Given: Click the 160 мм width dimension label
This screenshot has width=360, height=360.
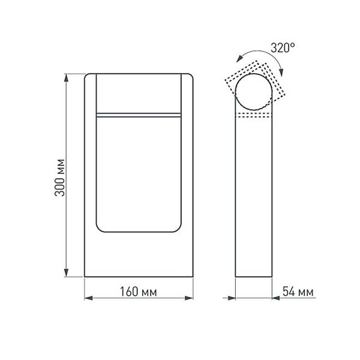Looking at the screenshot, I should [x=139, y=292].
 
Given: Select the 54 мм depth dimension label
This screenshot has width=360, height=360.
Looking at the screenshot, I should [x=298, y=292].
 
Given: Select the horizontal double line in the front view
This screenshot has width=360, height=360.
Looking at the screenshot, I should [x=139, y=113].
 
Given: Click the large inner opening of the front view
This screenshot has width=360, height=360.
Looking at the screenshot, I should [x=139, y=174].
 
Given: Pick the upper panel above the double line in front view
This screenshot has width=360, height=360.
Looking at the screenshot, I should [x=139, y=93].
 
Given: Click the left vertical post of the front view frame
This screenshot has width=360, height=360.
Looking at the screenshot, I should [x=89, y=174].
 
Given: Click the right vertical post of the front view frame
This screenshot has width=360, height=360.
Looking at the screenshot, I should [x=187, y=174].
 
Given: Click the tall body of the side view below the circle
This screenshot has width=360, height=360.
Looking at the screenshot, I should [x=255, y=198].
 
